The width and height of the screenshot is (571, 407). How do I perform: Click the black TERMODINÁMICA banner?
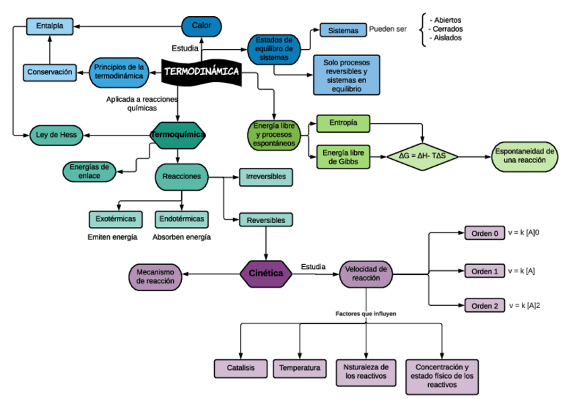pos(201,71)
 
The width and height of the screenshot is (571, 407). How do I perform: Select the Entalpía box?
pos(50,26)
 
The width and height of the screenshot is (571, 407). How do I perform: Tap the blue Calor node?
pos(201,26)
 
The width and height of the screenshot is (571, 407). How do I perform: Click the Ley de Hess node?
pos(56,135)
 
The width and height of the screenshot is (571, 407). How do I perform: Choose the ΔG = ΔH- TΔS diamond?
pos(422,156)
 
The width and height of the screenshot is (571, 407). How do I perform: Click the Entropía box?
pos(343,123)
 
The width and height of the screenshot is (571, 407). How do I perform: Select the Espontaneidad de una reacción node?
pos(525,156)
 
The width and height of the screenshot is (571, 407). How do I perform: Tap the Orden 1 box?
pos(485,271)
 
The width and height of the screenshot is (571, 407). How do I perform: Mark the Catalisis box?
pos(240,368)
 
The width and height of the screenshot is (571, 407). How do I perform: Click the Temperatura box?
pos(300,368)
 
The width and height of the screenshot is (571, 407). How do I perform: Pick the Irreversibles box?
pos(266,177)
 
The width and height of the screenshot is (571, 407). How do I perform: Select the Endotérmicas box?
pos(181,219)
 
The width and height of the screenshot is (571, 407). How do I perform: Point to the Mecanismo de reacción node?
pos(155,275)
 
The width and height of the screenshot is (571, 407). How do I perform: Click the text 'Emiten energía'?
pos(112,237)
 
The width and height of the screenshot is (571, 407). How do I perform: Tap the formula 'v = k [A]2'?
pos(525,306)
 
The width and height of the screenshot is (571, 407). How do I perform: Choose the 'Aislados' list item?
pos(447,38)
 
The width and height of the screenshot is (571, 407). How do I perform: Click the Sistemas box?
pos(343,30)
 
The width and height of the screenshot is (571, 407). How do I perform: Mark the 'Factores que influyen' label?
pos(366,314)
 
